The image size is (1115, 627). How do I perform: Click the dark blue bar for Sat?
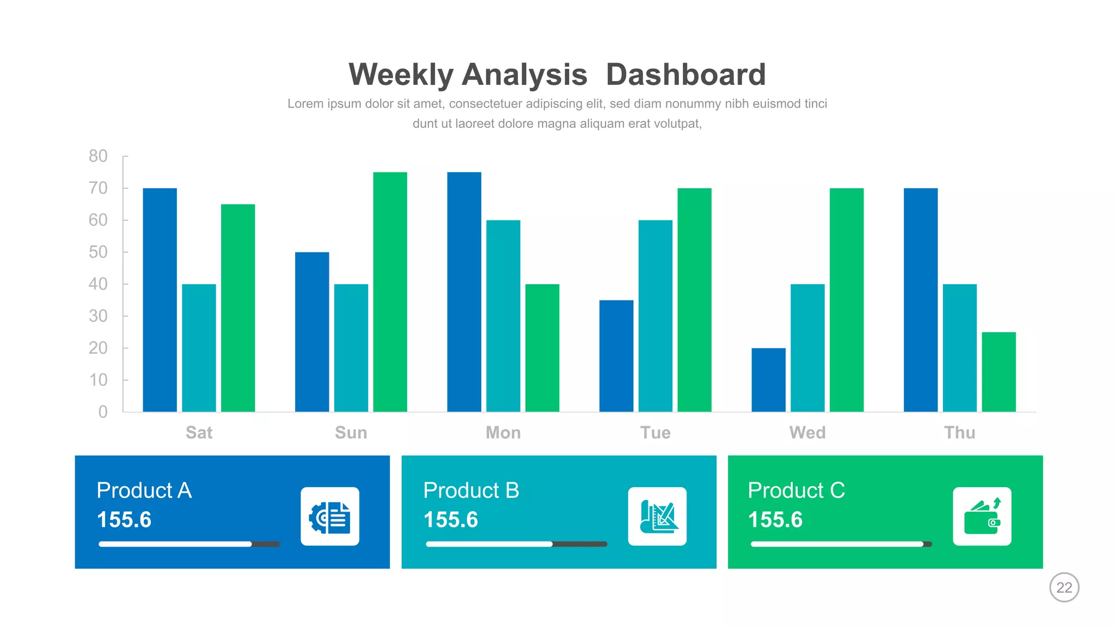click(160, 299)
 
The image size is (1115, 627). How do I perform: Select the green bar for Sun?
click(390, 292)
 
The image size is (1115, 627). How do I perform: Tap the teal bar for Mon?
click(503, 316)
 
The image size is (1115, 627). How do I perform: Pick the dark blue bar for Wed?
click(768, 380)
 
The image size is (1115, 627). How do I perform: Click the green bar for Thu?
click(998, 372)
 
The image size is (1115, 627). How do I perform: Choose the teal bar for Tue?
click(655, 316)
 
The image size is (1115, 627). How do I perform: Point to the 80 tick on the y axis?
click(99, 156)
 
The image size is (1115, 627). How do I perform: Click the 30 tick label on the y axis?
click(99, 316)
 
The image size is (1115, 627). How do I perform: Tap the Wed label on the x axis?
click(807, 433)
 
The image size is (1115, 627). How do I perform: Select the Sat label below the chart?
click(199, 433)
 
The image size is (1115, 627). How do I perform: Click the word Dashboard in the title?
click(685, 75)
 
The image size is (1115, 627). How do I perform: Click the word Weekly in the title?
click(401, 75)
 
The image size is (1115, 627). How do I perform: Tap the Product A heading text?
click(144, 490)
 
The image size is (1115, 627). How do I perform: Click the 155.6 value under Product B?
click(451, 520)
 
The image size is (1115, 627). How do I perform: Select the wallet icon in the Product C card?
click(982, 516)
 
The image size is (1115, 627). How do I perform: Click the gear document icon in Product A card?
click(330, 516)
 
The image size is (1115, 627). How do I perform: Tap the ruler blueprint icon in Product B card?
click(657, 516)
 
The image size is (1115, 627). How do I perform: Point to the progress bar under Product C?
click(841, 544)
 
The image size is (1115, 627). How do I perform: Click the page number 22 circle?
click(1064, 587)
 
